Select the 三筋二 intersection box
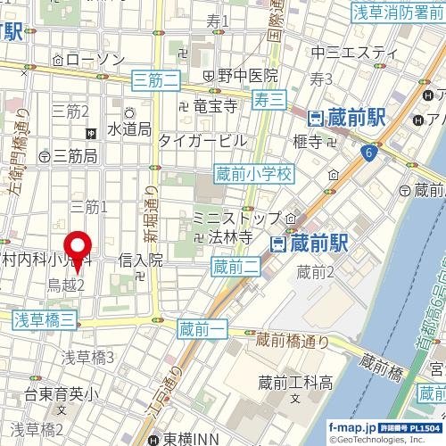pyautogui.click(x=155, y=81)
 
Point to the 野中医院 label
pyautogui.click(x=246, y=76)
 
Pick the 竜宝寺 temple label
pyautogui.click(x=214, y=106)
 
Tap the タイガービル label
pyautogui.click(x=202, y=140)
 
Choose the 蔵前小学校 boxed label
pyautogui.click(x=253, y=176)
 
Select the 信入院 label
pyautogui.click(x=141, y=260)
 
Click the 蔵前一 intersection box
pyautogui.click(x=198, y=329)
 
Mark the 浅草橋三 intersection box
pyautogui.click(x=45, y=318)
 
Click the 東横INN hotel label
pyautogui.click(x=191, y=438)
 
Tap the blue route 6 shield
pyautogui.click(x=368, y=154)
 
